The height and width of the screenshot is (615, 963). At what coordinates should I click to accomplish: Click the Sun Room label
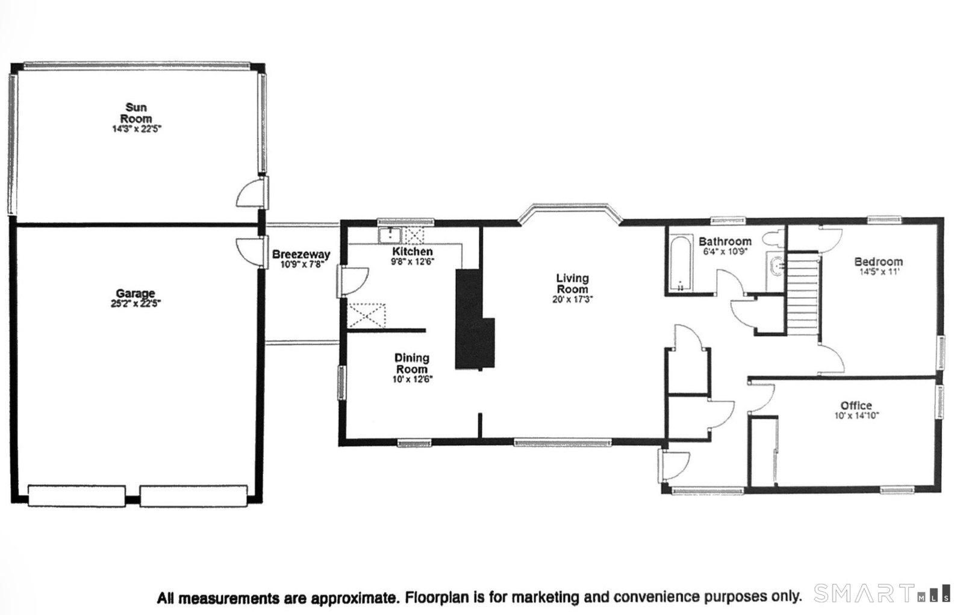tap(136, 113)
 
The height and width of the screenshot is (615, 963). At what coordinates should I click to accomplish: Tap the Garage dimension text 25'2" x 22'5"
tap(136, 304)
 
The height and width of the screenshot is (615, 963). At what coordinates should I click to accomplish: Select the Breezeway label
tap(301, 254)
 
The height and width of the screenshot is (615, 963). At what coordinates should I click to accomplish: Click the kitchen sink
tap(390, 236)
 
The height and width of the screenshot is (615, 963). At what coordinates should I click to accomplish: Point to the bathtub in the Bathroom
tap(681, 263)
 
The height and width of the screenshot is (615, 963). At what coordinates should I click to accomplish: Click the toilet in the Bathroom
tap(773, 239)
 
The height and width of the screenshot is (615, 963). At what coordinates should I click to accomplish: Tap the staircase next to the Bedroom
tap(802, 294)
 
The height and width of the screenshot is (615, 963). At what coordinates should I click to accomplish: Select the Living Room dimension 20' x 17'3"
tap(572, 299)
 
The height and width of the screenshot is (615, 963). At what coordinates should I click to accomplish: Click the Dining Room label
tap(412, 363)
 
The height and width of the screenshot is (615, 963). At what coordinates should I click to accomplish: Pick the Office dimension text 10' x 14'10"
tap(857, 416)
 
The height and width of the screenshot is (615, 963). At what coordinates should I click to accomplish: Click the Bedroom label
tap(879, 261)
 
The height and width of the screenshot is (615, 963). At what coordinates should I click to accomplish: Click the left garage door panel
tap(77, 496)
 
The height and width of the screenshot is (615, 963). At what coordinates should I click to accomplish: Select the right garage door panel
tap(194, 496)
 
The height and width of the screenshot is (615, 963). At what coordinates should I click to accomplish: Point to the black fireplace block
tap(474, 319)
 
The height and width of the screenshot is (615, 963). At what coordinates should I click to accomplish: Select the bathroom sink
tap(776, 266)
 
